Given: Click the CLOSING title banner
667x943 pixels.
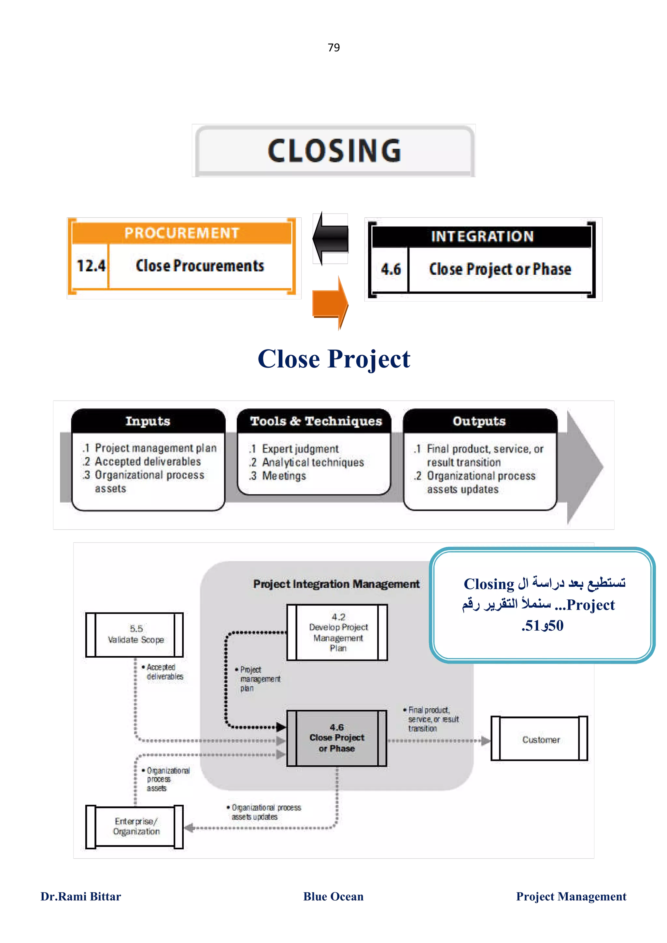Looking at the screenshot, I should [333, 150].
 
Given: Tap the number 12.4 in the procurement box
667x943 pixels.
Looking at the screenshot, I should [91, 266].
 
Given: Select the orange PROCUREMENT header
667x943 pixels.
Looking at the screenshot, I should [182, 233].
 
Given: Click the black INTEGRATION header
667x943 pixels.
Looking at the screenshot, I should [482, 237].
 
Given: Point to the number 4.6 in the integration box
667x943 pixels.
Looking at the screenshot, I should [390, 269].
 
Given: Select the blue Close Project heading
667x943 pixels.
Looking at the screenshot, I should [334, 359].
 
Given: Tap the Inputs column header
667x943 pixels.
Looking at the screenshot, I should [148, 421].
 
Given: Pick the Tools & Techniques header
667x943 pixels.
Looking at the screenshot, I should [316, 421].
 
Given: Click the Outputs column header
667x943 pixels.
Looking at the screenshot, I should [479, 421].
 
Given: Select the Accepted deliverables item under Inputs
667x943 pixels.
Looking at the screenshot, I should [148, 462].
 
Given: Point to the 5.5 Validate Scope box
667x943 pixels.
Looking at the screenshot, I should [135, 635].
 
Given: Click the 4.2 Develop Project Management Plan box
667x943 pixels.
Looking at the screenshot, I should [337, 633].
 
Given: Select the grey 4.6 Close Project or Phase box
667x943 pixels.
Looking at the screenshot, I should [336, 738].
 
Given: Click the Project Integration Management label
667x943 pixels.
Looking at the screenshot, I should [336, 584].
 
